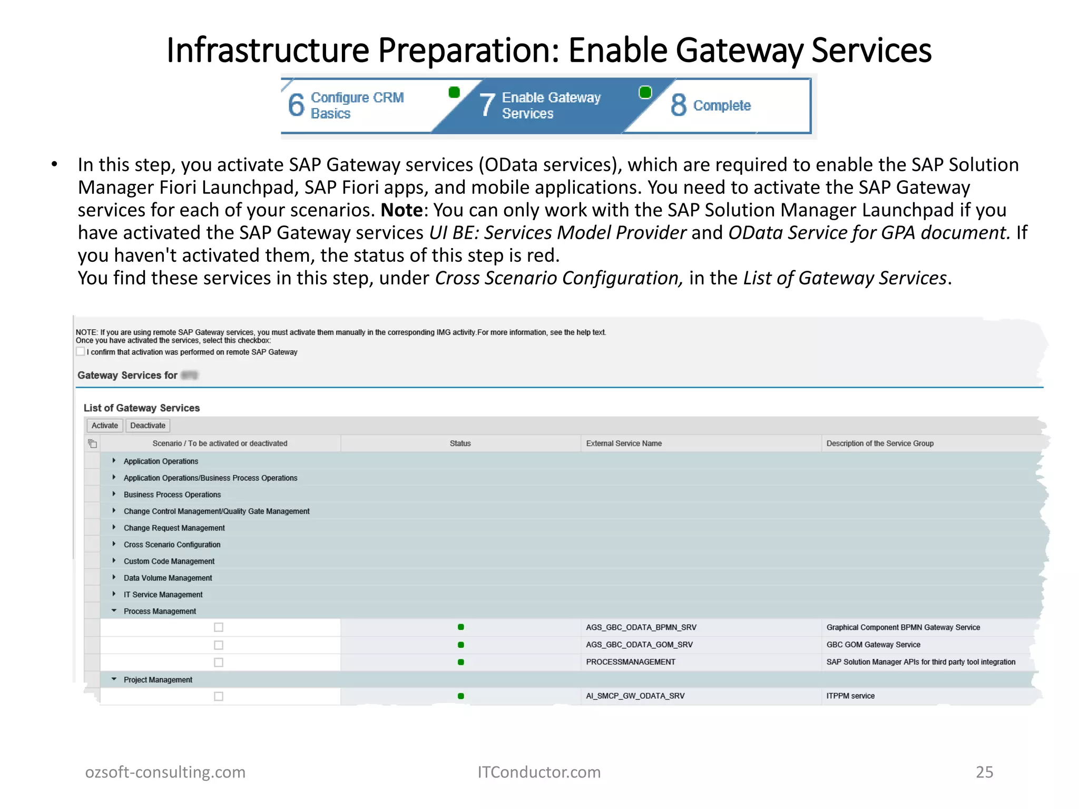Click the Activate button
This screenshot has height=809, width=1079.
click(x=104, y=426)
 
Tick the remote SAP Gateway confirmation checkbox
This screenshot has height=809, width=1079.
click(x=81, y=352)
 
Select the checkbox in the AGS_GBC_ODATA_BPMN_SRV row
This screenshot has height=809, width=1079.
click(x=219, y=627)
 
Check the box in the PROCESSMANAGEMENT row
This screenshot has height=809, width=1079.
click(x=219, y=663)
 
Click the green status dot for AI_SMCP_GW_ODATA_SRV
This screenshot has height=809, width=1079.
click(x=461, y=696)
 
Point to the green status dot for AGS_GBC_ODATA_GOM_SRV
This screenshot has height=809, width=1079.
click(x=461, y=645)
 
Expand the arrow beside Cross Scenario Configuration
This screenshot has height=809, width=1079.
click(x=114, y=544)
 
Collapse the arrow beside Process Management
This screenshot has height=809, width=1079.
click(x=114, y=611)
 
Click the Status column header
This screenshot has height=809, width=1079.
click(x=460, y=443)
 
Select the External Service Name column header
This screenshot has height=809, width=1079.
click(x=624, y=443)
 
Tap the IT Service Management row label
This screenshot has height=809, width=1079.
click(x=163, y=595)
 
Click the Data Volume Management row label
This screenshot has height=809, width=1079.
click(x=168, y=578)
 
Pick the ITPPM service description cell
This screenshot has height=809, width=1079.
click(x=850, y=696)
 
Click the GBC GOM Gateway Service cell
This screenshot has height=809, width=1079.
click(x=873, y=645)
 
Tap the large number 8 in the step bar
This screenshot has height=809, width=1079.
click(x=679, y=105)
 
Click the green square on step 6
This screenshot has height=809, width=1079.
click(x=454, y=93)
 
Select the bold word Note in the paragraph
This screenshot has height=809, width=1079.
click(x=401, y=210)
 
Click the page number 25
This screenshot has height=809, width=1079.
click(x=984, y=772)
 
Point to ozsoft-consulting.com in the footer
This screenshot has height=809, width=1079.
click(x=165, y=772)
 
